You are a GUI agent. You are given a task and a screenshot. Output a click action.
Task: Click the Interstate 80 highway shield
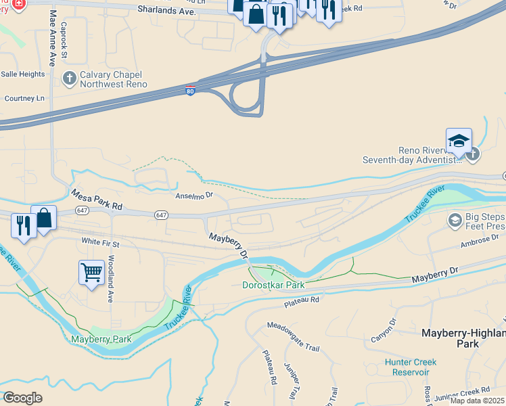pos(191,91)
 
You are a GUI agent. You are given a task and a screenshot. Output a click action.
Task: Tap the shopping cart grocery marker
pos(91,273)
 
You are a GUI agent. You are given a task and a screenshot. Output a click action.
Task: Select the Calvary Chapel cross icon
pos(69,78)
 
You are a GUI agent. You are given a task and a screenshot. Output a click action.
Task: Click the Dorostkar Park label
pos(273,285)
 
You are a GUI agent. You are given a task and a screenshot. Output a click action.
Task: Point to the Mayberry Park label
pos(101,338)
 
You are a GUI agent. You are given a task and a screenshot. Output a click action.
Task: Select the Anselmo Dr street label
pos(194,196)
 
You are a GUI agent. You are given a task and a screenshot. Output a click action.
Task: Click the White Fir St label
pos(100,242)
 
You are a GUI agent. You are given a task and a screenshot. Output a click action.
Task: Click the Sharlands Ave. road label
pos(166,11)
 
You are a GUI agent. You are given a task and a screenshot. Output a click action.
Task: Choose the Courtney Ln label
pos(24,98)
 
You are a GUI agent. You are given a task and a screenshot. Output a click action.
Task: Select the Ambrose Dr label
pos(479,240)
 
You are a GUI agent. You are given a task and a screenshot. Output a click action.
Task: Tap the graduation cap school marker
pos(458,141)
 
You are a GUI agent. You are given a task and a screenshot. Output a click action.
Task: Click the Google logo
pos(23,397)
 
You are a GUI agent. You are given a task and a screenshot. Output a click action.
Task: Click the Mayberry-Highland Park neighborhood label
pos(463,338)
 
